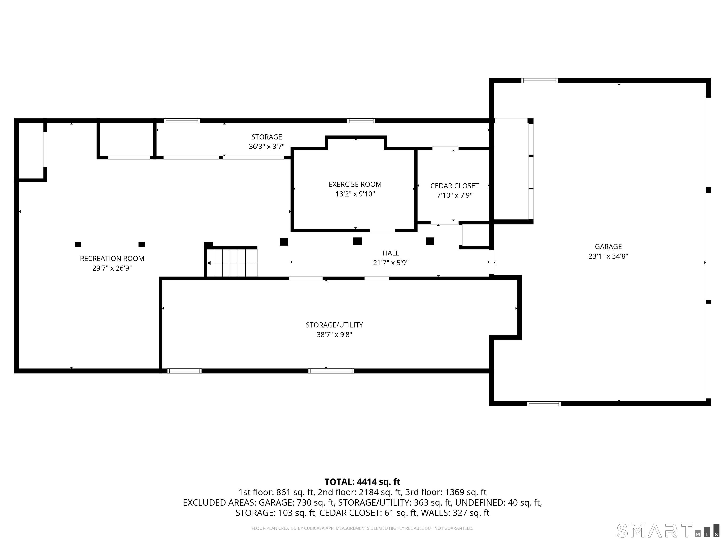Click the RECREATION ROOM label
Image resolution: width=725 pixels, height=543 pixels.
pyautogui.click(x=112, y=259)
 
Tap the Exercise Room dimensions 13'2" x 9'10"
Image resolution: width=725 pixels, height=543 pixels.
pyautogui.click(x=355, y=194)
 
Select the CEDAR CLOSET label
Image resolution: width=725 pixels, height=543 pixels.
pyautogui.click(x=454, y=186)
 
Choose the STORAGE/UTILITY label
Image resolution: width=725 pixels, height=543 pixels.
pyautogui.click(x=334, y=325)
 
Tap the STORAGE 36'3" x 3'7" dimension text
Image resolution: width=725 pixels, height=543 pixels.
pyautogui.click(x=266, y=147)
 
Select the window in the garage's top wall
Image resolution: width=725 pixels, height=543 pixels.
pyautogui.click(x=539, y=81)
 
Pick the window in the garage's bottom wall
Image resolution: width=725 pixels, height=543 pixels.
pyautogui.click(x=544, y=403)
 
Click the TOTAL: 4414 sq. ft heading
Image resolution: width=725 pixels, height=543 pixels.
pyautogui.click(x=362, y=482)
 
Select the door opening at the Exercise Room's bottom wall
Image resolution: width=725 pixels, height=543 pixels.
pyautogui.click(x=382, y=230)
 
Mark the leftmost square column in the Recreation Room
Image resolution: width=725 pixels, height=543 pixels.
pyautogui.click(x=78, y=244)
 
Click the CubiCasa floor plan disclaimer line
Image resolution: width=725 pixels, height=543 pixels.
pyautogui.click(x=362, y=528)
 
